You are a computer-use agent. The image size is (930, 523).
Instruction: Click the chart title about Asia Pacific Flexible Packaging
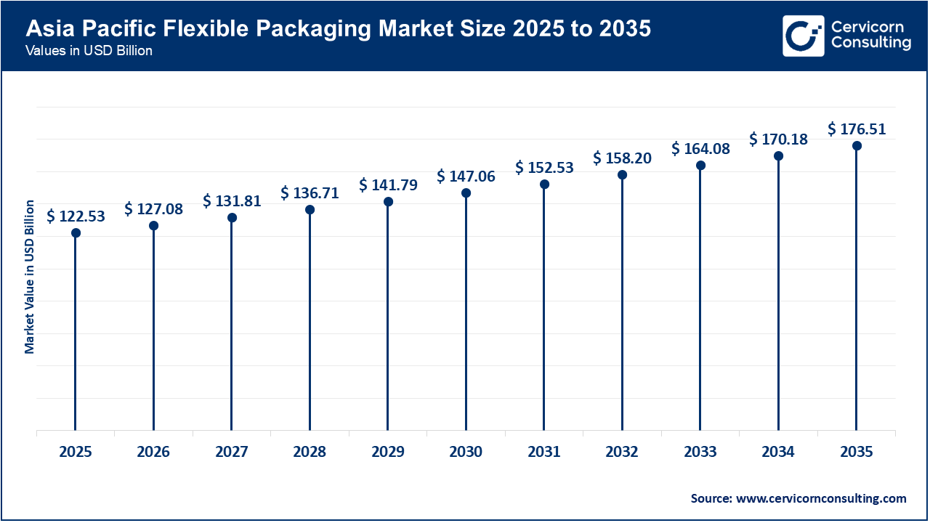pyautogui.click(x=339, y=29)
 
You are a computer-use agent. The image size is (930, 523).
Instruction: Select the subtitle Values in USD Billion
pyautogui.click(x=89, y=51)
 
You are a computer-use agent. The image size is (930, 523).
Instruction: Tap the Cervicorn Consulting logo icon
pyautogui.click(x=803, y=36)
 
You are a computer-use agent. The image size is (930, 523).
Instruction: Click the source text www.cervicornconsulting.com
pyautogui.click(x=798, y=498)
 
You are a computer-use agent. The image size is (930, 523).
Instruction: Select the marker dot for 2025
pyautogui.click(x=76, y=233)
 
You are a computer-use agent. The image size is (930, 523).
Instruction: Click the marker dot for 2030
pyautogui.click(x=466, y=193)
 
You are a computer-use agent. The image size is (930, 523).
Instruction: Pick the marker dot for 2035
pyautogui.click(x=857, y=146)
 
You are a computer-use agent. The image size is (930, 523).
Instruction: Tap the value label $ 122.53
pyautogui.click(x=76, y=216)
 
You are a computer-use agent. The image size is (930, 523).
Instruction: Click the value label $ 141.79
pyautogui.click(x=388, y=185)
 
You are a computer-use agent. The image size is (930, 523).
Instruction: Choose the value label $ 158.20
pyautogui.click(x=622, y=158)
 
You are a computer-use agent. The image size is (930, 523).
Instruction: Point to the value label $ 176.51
pyautogui.click(x=857, y=129)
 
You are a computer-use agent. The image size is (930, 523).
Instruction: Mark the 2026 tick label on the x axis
pyautogui.click(x=153, y=452)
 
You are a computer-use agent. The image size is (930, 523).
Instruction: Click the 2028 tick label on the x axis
pyautogui.click(x=310, y=452)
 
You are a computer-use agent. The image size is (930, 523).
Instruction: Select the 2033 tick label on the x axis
pyautogui.click(x=700, y=452)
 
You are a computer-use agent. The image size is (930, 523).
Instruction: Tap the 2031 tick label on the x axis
pyautogui.click(x=543, y=452)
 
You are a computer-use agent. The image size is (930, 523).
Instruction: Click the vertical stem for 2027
pyautogui.click(x=232, y=327)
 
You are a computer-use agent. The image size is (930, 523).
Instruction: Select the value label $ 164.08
pyautogui.click(x=700, y=149)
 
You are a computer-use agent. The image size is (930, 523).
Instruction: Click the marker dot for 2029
pyautogui.click(x=388, y=201)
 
